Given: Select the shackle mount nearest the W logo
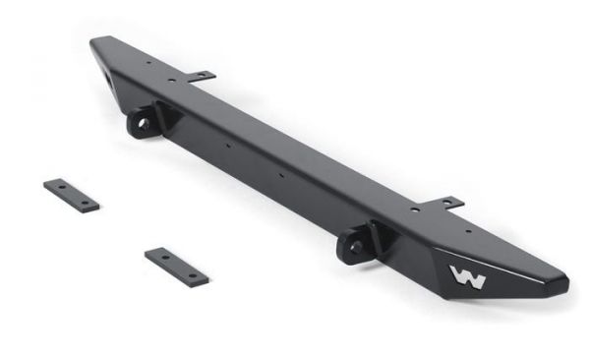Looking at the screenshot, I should (357, 241).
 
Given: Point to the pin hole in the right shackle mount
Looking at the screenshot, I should (351, 246).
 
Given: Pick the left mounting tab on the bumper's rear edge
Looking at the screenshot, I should (200, 75).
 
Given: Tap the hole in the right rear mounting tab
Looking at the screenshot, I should (449, 203).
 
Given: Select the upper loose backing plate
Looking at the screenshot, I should (71, 194).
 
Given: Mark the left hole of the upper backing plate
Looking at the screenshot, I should (57, 187).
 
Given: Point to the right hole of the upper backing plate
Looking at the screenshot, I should (86, 202).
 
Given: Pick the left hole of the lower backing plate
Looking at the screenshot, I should (162, 258).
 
